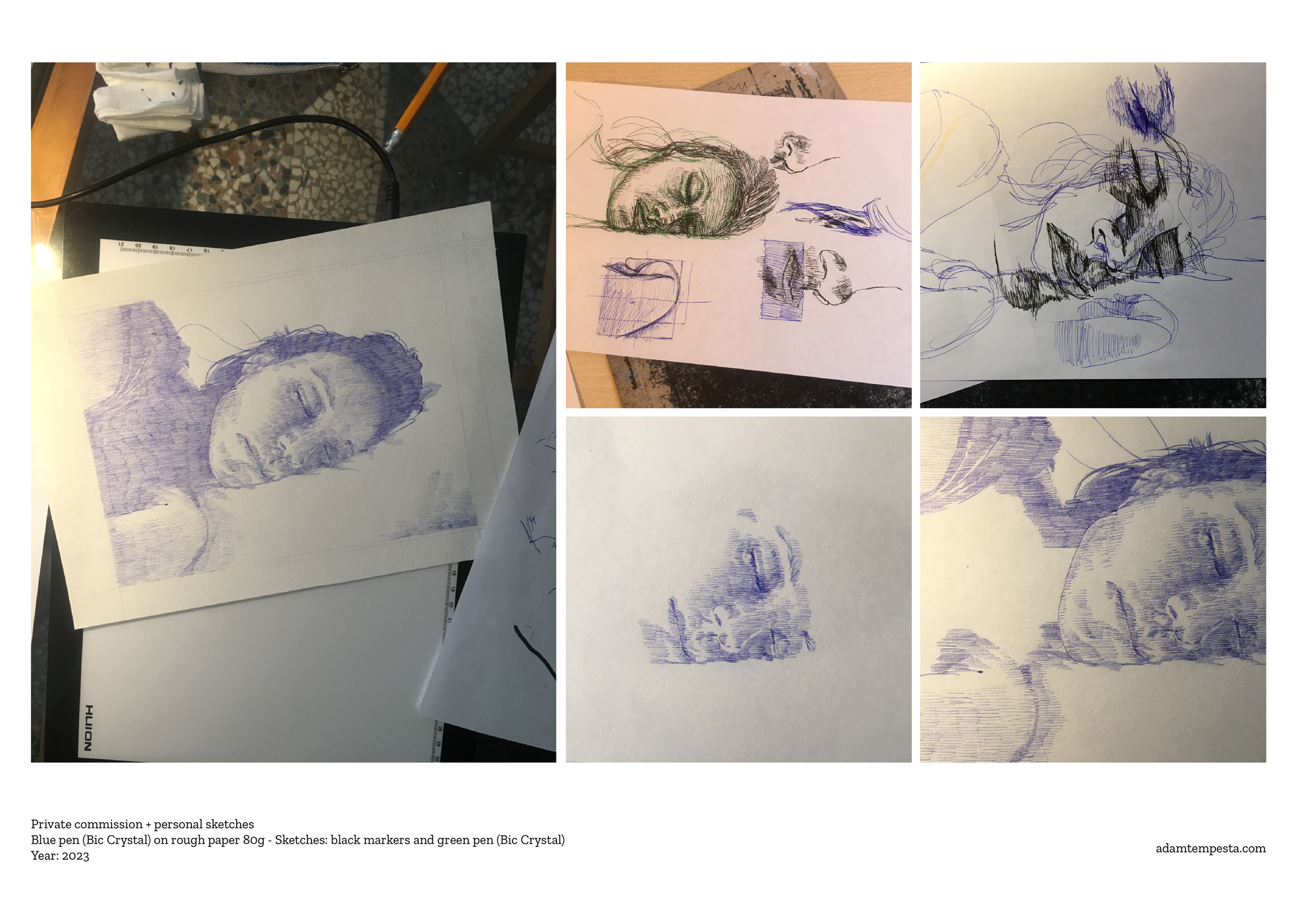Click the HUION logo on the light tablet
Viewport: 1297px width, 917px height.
89,728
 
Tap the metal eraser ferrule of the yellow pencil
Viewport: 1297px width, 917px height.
394,139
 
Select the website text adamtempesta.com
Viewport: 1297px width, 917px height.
1210,848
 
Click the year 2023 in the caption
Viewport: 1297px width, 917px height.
75,855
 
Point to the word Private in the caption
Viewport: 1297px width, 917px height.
51,824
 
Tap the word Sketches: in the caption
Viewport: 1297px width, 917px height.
301,840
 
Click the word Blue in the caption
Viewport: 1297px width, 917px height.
43,840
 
